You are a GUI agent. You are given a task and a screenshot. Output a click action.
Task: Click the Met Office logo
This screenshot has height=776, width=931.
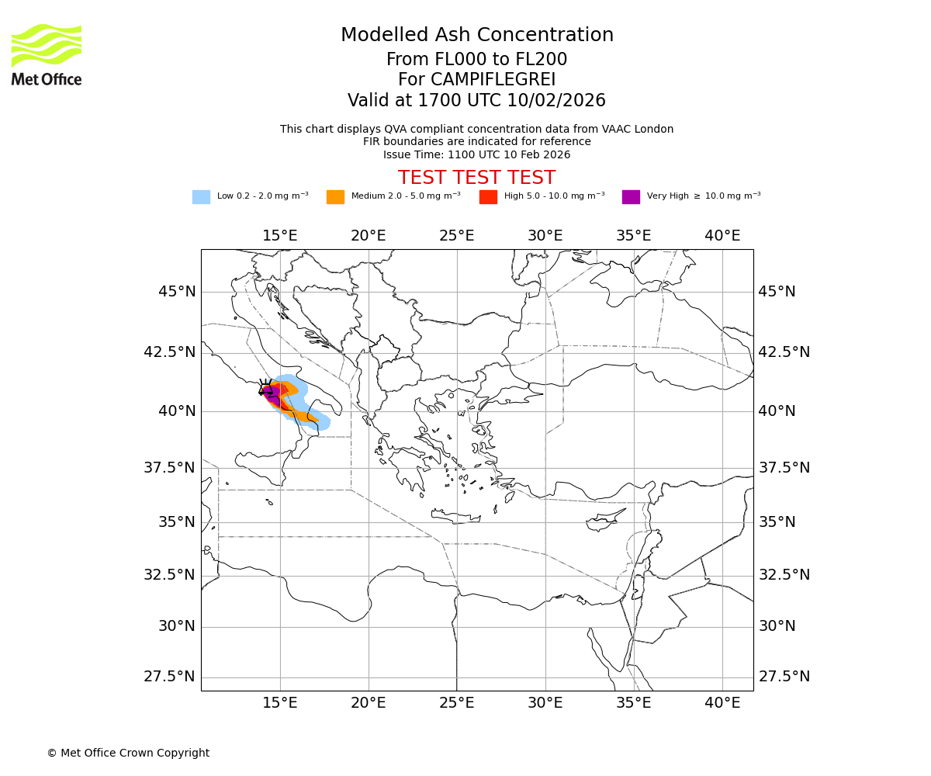coord(47,54)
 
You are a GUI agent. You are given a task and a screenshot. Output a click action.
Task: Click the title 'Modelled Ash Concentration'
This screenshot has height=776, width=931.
coord(476,35)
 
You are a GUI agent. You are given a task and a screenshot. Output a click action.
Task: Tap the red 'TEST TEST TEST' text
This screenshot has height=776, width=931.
coord(476,178)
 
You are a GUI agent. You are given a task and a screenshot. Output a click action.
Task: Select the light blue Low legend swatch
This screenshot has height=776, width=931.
coord(201,197)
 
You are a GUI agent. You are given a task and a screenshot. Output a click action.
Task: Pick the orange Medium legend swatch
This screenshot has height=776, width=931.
coord(335,197)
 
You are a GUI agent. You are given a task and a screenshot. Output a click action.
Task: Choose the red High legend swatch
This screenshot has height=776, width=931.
coord(488,197)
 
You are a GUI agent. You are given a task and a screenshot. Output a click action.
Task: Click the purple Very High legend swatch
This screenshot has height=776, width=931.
coord(631,197)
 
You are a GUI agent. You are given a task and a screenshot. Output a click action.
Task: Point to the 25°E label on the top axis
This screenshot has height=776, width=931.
coord(456,235)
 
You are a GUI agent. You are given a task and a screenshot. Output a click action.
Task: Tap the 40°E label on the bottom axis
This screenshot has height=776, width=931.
coord(722,703)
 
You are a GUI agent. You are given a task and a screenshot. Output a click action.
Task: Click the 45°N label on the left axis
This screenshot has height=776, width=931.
coord(177,292)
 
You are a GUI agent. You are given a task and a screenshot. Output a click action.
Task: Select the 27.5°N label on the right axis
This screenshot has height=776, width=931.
coord(784,677)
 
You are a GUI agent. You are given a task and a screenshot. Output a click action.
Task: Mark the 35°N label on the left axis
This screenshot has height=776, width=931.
coord(177,521)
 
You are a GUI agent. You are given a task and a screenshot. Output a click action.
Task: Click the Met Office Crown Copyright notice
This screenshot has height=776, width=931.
coord(128,753)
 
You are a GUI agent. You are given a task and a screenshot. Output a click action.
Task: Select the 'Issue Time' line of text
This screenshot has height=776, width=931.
coord(476,154)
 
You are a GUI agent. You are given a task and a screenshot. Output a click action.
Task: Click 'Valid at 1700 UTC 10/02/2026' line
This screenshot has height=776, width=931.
coord(476,100)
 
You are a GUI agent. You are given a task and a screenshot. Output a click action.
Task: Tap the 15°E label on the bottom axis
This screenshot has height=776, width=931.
coord(279,703)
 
